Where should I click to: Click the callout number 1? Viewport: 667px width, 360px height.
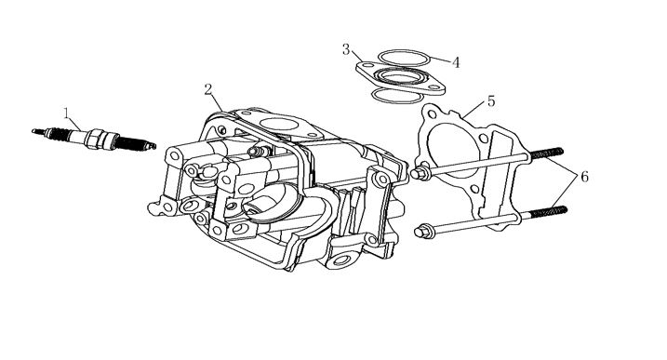pyautogui.click(x=66, y=113)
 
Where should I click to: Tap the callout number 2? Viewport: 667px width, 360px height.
pyautogui.click(x=208, y=90)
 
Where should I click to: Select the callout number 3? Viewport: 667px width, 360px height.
pyautogui.click(x=346, y=49)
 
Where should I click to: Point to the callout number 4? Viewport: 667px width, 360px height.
pyautogui.click(x=456, y=63)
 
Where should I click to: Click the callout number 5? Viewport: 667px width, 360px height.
pyautogui.click(x=491, y=101)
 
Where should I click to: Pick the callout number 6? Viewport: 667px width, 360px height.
pyautogui.click(x=584, y=177)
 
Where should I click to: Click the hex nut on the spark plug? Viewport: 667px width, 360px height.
pyautogui.click(x=95, y=140)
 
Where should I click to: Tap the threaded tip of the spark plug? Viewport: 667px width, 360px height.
pyautogui.click(x=136, y=143)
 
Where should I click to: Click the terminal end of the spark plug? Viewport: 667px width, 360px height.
pyautogui.click(x=39, y=131)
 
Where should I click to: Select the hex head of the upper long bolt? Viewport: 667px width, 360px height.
pyautogui.click(x=419, y=173)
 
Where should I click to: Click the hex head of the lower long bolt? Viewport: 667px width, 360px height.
pyautogui.click(x=422, y=232)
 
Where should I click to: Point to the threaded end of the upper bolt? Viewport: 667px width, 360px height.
pyautogui.click(x=547, y=153)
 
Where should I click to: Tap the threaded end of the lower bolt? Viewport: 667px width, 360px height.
pyautogui.click(x=549, y=212)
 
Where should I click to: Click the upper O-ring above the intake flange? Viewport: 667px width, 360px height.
pyautogui.click(x=403, y=50)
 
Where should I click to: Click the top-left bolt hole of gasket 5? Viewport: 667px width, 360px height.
pyautogui.click(x=432, y=114)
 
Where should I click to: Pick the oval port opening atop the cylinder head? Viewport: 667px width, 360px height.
pyautogui.click(x=279, y=125)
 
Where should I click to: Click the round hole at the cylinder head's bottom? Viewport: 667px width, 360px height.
pyautogui.click(x=342, y=260)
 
